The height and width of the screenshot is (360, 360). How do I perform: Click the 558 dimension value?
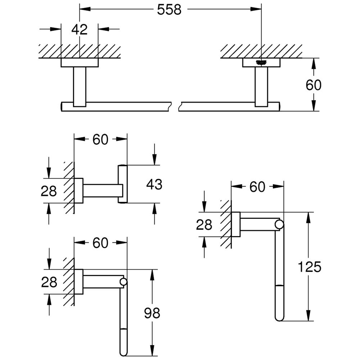[169, 10]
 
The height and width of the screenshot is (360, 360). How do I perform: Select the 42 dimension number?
[80, 29]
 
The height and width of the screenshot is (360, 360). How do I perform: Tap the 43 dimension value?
[154, 184]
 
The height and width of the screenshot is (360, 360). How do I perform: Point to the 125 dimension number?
[309, 267]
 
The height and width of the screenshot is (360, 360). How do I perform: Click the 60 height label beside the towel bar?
[313, 85]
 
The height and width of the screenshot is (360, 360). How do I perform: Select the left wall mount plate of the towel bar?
[80, 63]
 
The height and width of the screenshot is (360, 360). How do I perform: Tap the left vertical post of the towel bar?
[80, 86]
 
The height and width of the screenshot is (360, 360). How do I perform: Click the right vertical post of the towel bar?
[261, 86]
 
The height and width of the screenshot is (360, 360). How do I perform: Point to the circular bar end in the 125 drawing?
[279, 225]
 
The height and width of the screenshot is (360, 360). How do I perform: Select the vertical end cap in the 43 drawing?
[123, 184]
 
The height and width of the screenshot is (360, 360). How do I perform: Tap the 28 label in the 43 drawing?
[49, 191]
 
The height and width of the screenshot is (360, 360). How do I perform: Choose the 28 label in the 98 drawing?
[49, 282]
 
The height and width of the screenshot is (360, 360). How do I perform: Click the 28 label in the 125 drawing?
[204, 225]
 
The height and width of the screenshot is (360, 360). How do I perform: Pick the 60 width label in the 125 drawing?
[257, 186]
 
